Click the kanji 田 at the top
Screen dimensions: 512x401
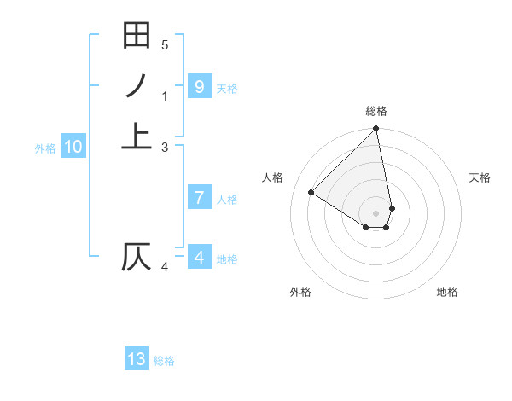pos(137,36)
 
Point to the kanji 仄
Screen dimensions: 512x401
pos(137,257)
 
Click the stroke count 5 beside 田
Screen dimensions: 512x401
pos(165,44)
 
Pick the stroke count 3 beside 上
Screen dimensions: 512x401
pos(165,147)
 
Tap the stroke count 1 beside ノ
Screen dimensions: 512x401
pos(165,96)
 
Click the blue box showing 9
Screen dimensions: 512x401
pos(199,86)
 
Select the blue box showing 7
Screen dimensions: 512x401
pos(199,198)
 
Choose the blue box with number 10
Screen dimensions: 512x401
pos(73,147)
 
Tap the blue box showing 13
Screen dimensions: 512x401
pos(137,359)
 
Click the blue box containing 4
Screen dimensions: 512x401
pos(199,257)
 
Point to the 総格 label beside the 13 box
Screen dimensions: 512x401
pos(164,361)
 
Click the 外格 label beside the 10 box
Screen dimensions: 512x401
pos(45,148)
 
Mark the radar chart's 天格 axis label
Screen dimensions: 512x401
pos(480,177)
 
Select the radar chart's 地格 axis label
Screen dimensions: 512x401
pos(447,292)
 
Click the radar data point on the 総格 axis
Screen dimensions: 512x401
pos(376,130)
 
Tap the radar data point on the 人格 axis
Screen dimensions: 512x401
pos(311,192)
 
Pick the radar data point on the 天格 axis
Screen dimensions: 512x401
pos(392,208)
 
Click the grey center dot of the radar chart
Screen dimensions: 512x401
pos(376,213)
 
